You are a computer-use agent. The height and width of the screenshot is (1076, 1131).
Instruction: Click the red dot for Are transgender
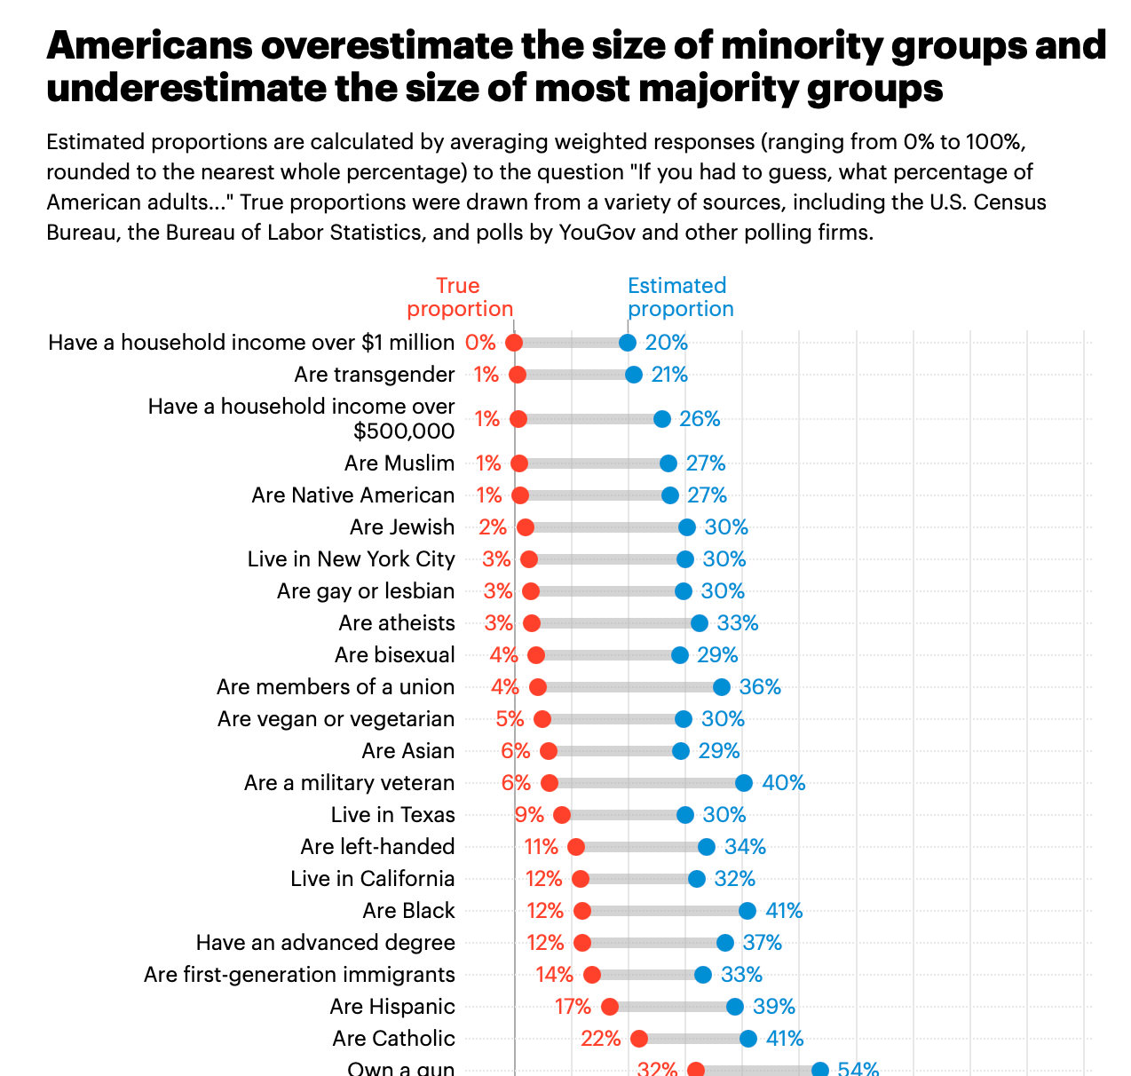[518, 375]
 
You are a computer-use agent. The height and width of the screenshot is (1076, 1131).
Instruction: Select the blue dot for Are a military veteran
[744, 783]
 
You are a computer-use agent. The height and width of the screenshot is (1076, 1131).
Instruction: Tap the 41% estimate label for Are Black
[784, 911]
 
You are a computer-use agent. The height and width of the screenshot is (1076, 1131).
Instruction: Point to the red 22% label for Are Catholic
[600, 1039]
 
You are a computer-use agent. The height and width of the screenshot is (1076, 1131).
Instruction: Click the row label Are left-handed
[377, 847]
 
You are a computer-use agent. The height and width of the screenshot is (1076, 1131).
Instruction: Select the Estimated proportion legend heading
[680, 297]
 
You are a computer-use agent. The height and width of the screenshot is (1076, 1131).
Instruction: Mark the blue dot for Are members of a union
[722, 687]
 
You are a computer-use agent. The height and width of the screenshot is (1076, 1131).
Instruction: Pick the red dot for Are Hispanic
[610, 1007]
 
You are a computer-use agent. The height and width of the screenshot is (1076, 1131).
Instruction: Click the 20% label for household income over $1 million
[667, 343]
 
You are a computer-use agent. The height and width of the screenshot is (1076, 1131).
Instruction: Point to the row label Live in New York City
[351, 559]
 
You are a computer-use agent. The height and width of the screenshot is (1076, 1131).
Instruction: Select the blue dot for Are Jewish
[687, 527]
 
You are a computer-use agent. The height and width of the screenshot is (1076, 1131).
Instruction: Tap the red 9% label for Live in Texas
[529, 815]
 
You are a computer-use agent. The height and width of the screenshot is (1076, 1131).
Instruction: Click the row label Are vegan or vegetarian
[336, 719]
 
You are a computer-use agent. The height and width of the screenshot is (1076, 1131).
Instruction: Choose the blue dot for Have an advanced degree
[725, 943]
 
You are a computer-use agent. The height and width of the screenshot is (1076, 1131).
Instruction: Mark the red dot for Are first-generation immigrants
[592, 975]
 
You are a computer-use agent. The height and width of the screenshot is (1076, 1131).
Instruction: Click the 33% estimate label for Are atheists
[738, 623]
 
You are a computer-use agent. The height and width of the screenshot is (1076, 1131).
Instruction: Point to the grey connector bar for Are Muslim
[594, 463]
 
